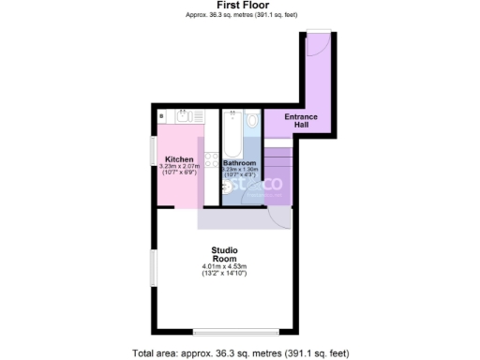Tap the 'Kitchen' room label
[x=179, y=159]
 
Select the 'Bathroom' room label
[x=240, y=163]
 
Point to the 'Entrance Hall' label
[x=301, y=120]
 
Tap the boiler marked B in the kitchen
[x=162, y=116]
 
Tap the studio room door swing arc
[x=279, y=217]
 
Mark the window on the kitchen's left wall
[x=154, y=150]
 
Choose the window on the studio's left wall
[x=154, y=268]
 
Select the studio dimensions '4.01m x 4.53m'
[x=224, y=268]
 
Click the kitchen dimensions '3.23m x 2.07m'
[x=179, y=167]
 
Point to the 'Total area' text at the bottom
[x=241, y=353]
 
